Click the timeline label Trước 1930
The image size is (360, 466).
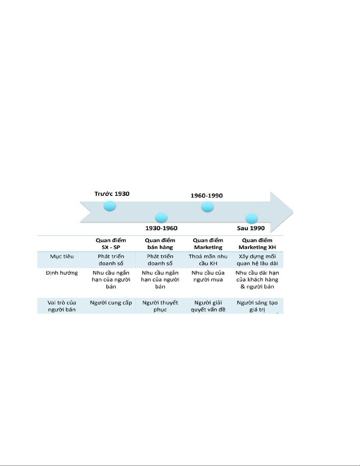click(x=112, y=194)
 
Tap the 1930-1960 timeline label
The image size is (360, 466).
click(x=161, y=228)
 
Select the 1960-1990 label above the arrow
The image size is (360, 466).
click(x=207, y=196)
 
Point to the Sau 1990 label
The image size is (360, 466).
click(x=251, y=228)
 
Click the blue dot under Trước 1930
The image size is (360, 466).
click(x=110, y=206)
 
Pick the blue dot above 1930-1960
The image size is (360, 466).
click(x=161, y=218)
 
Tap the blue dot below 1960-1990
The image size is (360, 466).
click(x=207, y=207)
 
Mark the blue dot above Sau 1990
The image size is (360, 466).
click(x=252, y=218)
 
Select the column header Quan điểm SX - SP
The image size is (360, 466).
click(x=111, y=244)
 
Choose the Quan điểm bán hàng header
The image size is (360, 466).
click(x=160, y=244)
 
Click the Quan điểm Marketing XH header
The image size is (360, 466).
click(x=257, y=244)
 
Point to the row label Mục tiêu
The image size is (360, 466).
click(x=62, y=256)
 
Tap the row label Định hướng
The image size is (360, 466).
click(x=62, y=273)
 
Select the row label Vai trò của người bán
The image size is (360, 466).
click(x=62, y=306)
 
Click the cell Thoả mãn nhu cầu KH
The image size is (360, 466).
click(x=208, y=260)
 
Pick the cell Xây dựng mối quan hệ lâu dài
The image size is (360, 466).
click(x=257, y=260)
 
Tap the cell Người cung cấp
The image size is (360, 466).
click(x=111, y=303)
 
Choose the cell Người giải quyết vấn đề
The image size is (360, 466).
click(x=208, y=306)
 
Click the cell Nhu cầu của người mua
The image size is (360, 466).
click(x=208, y=276)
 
